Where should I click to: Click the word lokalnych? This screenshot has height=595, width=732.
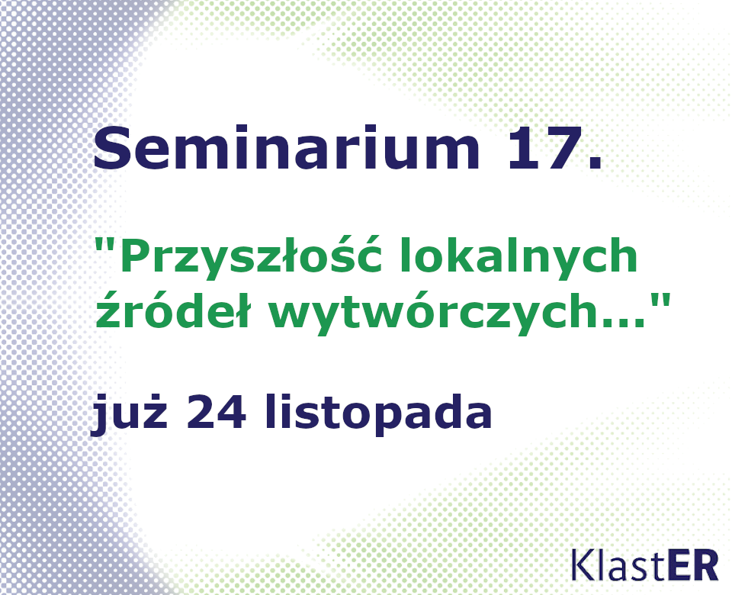[x=518, y=256]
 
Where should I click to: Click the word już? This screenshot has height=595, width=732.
[x=130, y=413]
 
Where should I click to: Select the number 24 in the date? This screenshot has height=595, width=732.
[x=216, y=410]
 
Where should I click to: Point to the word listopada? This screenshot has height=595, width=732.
[x=379, y=413]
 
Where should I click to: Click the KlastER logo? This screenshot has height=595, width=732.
[x=645, y=565]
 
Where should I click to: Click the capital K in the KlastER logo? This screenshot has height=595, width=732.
[x=583, y=565]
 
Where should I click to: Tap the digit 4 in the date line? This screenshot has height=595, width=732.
[x=232, y=410]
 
